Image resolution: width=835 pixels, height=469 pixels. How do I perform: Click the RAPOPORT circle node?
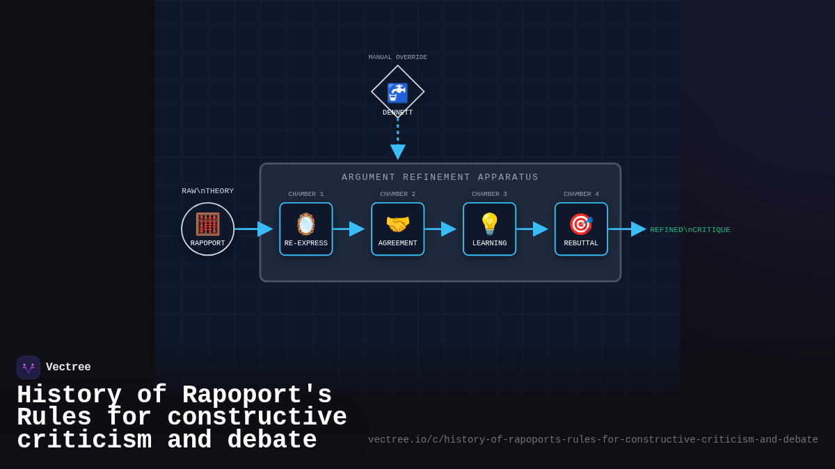click(x=207, y=229)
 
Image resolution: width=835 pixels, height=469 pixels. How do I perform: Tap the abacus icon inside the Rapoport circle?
click(x=207, y=224)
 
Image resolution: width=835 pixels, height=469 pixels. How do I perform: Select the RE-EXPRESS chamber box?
click(x=306, y=229)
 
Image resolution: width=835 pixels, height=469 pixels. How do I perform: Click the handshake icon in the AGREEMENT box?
click(x=398, y=224)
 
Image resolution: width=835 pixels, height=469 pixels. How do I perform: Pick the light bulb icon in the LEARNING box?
click(x=489, y=224)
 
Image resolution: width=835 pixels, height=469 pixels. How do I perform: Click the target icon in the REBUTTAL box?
click(x=581, y=224)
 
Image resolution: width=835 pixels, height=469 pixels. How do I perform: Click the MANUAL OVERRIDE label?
click(x=398, y=58)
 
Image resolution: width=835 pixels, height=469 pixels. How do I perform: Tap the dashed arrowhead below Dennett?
click(x=398, y=151)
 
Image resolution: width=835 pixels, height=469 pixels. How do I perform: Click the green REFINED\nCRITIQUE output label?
click(x=690, y=230)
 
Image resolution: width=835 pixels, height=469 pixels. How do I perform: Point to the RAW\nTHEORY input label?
click(x=207, y=191)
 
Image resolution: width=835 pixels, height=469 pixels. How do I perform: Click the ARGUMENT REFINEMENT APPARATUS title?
click(x=440, y=177)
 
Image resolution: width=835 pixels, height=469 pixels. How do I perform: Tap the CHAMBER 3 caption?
click(x=489, y=195)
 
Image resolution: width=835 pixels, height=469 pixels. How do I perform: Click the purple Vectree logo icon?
click(x=29, y=368)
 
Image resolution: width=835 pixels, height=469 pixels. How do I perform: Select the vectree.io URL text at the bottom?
click(x=593, y=440)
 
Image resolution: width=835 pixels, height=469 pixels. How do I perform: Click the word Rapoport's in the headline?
click(x=257, y=395)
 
